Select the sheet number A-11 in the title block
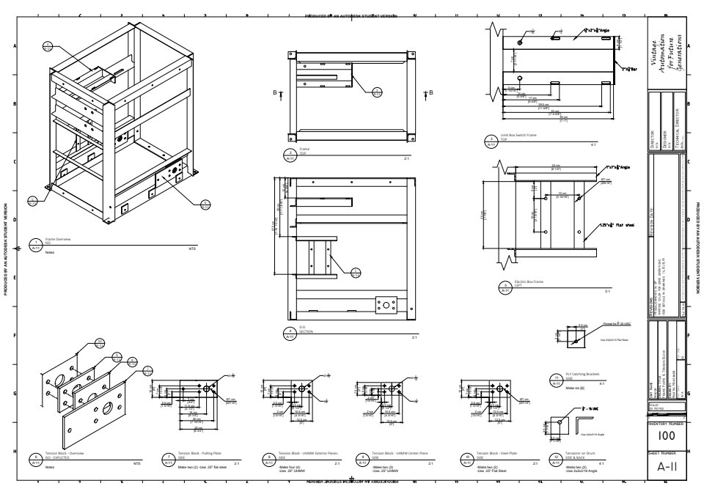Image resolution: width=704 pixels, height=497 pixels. (666, 467)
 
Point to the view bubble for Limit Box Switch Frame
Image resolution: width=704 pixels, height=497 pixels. (492, 141)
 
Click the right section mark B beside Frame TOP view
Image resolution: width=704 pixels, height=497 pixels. (430, 92)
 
